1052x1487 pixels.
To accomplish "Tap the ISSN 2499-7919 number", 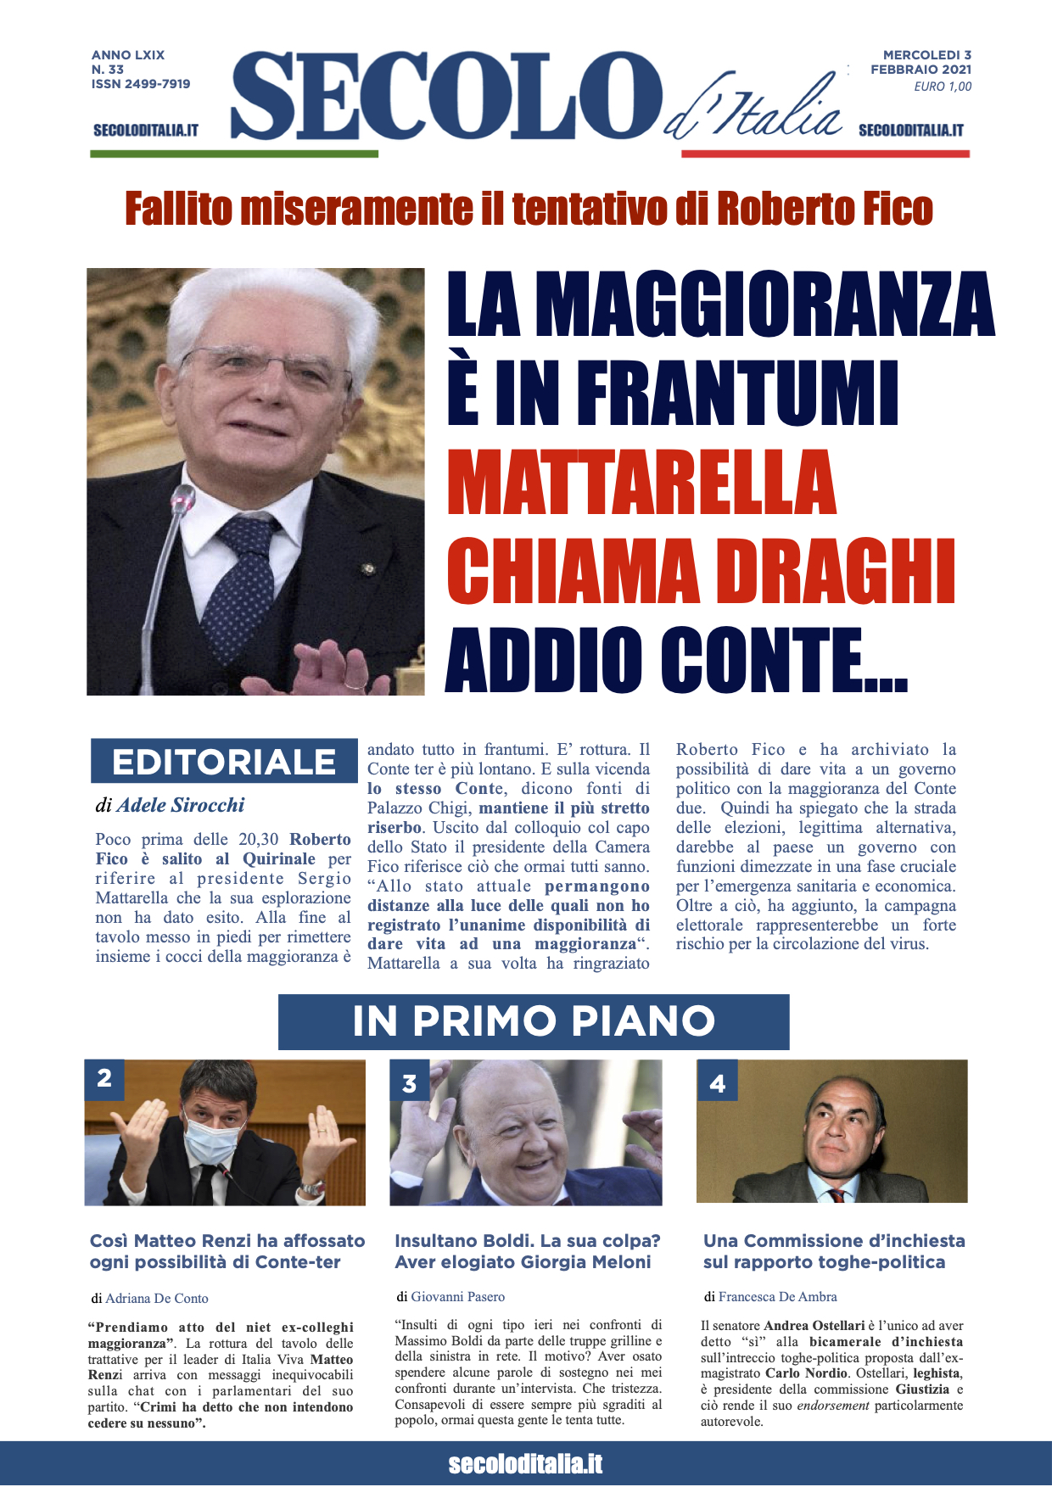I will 141,84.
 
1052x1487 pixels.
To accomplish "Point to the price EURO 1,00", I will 943,87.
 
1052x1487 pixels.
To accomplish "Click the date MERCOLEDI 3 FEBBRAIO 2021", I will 921,62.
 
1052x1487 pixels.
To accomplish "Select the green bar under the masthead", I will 234,154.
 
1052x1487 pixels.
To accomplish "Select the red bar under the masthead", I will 825,154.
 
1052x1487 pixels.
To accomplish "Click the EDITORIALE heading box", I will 224,761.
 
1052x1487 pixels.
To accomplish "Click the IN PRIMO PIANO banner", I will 534,1021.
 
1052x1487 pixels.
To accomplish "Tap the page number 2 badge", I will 104,1079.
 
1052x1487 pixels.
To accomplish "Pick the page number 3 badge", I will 410,1083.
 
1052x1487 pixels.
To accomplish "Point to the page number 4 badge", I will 717,1082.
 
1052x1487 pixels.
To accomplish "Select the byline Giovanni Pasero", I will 457,1296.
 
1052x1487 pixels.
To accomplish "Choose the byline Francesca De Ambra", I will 777,1296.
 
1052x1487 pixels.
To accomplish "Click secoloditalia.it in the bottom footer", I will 526,1464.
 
